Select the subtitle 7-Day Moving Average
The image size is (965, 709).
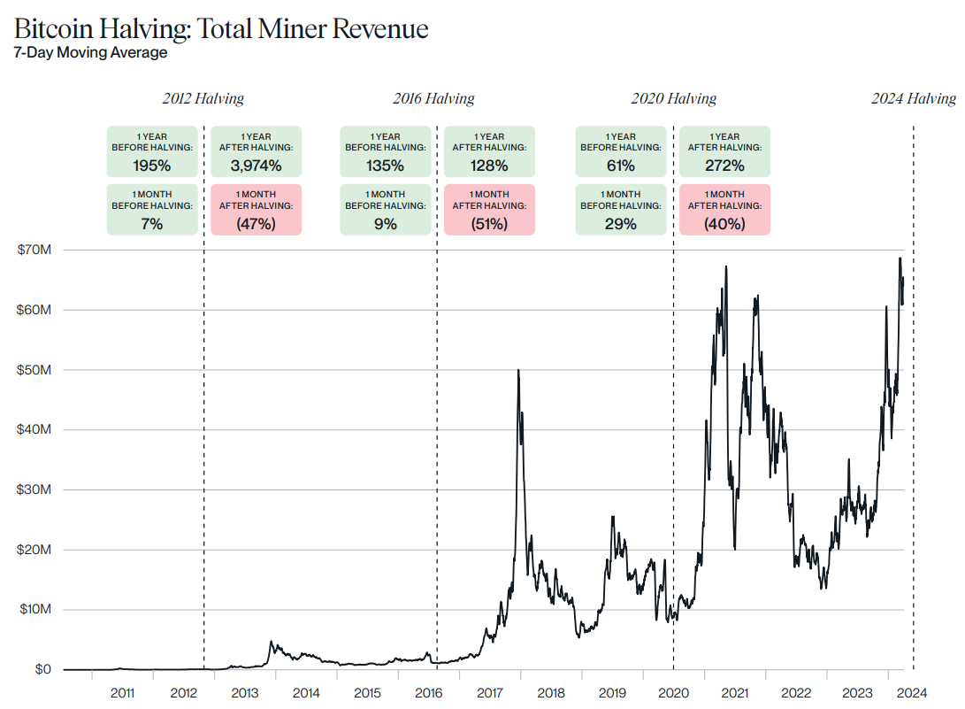90,52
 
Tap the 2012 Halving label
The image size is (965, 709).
203,99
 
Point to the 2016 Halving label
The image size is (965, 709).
433,99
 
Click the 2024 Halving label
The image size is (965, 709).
914,99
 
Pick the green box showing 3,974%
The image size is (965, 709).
257,151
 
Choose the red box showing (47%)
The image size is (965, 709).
257,210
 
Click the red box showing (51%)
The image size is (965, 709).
489,210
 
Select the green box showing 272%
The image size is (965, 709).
724,151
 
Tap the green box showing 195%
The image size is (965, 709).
152,151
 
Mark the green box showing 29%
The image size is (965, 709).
621,210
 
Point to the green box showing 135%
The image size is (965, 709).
386,151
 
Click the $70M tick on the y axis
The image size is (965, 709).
34,250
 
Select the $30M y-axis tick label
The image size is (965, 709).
34,489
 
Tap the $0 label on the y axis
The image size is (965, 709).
42,669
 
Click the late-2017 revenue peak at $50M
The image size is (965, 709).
517,370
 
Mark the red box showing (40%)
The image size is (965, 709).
724,210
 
